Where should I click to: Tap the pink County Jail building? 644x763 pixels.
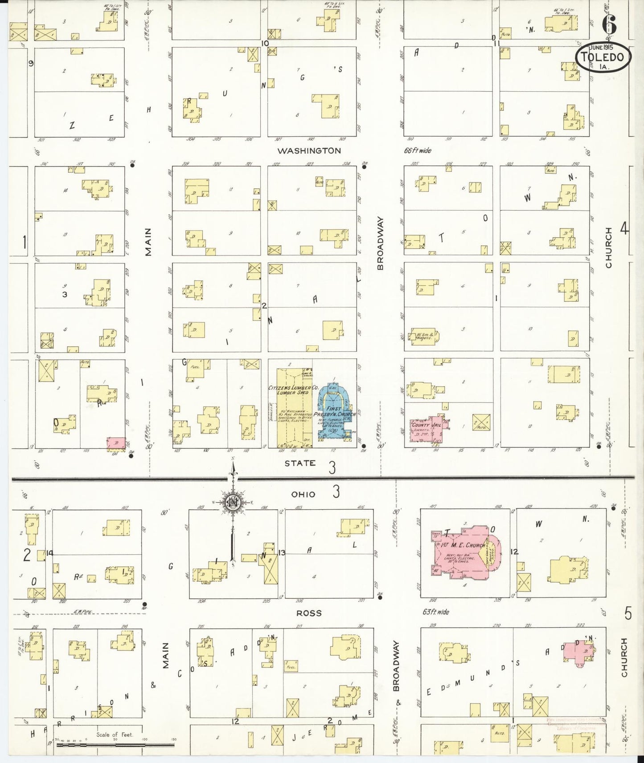click(427, 429)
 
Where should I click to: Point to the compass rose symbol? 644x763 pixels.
click(232, 502)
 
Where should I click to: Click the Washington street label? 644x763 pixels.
click(309, 151)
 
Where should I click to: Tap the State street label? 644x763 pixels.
click(300, 463)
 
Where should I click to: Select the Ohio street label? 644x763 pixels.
click(303, 494)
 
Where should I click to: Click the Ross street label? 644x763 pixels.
click(309, 613)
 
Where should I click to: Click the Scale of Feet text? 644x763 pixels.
click(115, 735)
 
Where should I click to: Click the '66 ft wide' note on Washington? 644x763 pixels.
click(418, 150)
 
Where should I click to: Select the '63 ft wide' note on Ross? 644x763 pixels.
click(436, 612)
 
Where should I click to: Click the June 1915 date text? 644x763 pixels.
click(601, 47)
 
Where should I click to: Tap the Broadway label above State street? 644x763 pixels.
click(380, 243)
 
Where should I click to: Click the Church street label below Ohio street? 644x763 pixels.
click(624, 657)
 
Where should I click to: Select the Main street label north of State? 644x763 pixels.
click(148, 242)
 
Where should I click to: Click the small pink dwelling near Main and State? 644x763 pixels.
click(116, 443)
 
